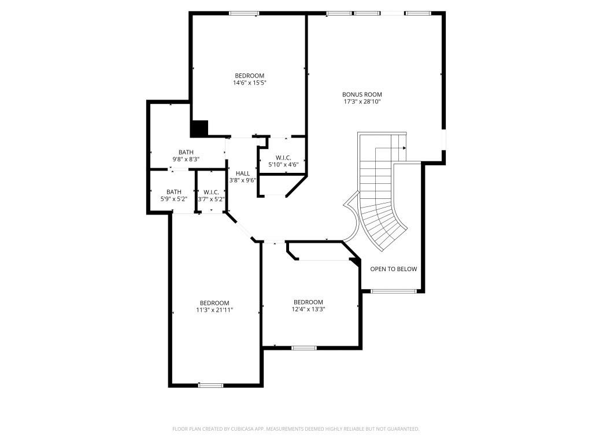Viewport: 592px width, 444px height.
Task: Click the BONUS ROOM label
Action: pyautogui.click(x=362, y=94)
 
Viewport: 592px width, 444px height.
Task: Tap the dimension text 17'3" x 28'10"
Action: pyautogui.click(x=362, y=102)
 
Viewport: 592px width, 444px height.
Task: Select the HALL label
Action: pyautogui.click(x=243, y=173)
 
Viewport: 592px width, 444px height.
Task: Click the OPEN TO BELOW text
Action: pyautogui.click(x=393, y=269)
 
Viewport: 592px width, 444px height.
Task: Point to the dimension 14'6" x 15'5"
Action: pyautogui.click(x=249, y=83)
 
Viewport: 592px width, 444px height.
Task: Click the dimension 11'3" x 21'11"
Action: pyautogui.click(x=214, y=310)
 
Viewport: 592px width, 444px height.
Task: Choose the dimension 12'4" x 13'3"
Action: pyautogui.click(x=308, y=309)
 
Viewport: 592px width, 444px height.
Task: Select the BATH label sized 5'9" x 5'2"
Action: pyautogui.click(x=173, y=192)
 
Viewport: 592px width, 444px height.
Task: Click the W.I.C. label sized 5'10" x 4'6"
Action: pyautogui.click(x=283, y=158)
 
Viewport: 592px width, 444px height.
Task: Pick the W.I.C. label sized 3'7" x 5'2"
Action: pyautogui.click(x=211, y=192)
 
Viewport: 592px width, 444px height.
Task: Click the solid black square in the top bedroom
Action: pyautogui.click(x=199, y=128)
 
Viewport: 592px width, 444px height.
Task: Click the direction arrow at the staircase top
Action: pyautogui.click(x=404, y=148)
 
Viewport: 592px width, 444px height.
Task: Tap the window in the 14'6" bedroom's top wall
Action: pyautogui.click(x=243, y=13)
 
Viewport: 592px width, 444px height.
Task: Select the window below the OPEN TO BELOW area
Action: pyautogui.click(x=393, y=291)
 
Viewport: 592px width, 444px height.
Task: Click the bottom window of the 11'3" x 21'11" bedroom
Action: pyautogui.click(x=210, y=384)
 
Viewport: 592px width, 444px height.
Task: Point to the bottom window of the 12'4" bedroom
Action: pyautogui.click(x=304, y=347)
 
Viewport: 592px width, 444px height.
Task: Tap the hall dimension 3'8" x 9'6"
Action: pyautogui.click(x=243, y=180)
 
